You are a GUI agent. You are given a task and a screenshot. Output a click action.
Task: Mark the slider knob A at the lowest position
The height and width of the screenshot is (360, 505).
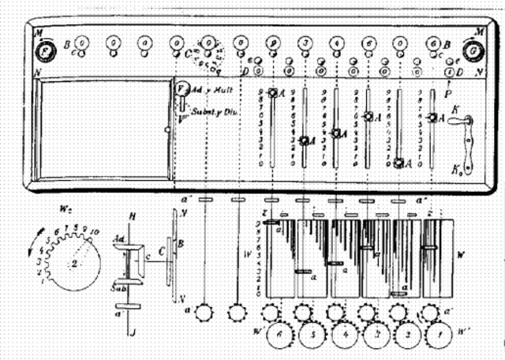pos(400,163)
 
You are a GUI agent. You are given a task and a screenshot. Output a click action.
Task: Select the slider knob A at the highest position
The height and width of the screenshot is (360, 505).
pos(273,92)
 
